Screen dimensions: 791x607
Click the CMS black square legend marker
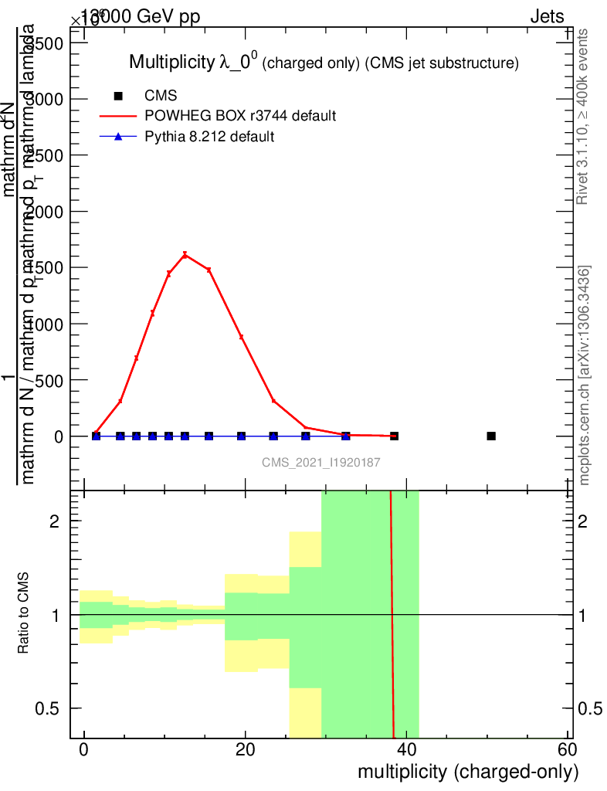pyautogui.click(x=118, y=96)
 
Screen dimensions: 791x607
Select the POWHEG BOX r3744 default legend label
pyautogui.click(x=240, y=116)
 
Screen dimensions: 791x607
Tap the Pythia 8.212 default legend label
pyautogui.click(x=210, y=137)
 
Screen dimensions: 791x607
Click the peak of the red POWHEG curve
pyautogui.click(x=185, y=254)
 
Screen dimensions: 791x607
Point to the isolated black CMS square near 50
pyautogui.click(x=491, y=436)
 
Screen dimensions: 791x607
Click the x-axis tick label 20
pyautogui.click(x=246, y=751)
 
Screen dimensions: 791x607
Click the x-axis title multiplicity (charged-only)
pyautogui.click(x=468, y=772)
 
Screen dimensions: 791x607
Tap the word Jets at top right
pyautogui.click(x=547, y=17)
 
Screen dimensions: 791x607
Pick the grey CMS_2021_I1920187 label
pyautogui.click(x=320, y=462)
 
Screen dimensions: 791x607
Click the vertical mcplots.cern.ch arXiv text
pyautogui.click(x=585, y=375)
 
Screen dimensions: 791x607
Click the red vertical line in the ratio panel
pyautogui.click(x=392, y=618)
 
